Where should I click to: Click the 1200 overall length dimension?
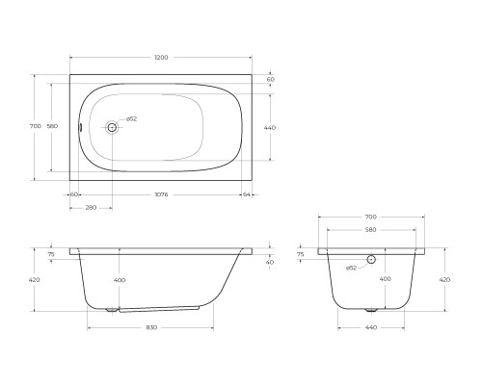point(161,58)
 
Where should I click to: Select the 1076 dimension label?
point(161,194)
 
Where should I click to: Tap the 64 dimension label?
point(247,194)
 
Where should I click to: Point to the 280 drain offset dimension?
point(91,208)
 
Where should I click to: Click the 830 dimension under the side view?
point(151,327)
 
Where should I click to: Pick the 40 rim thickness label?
point(270,262)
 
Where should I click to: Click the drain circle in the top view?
point(112,127)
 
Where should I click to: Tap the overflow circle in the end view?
point(371,259)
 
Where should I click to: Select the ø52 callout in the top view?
point(131,119)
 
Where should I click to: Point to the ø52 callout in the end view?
point(351,268)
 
